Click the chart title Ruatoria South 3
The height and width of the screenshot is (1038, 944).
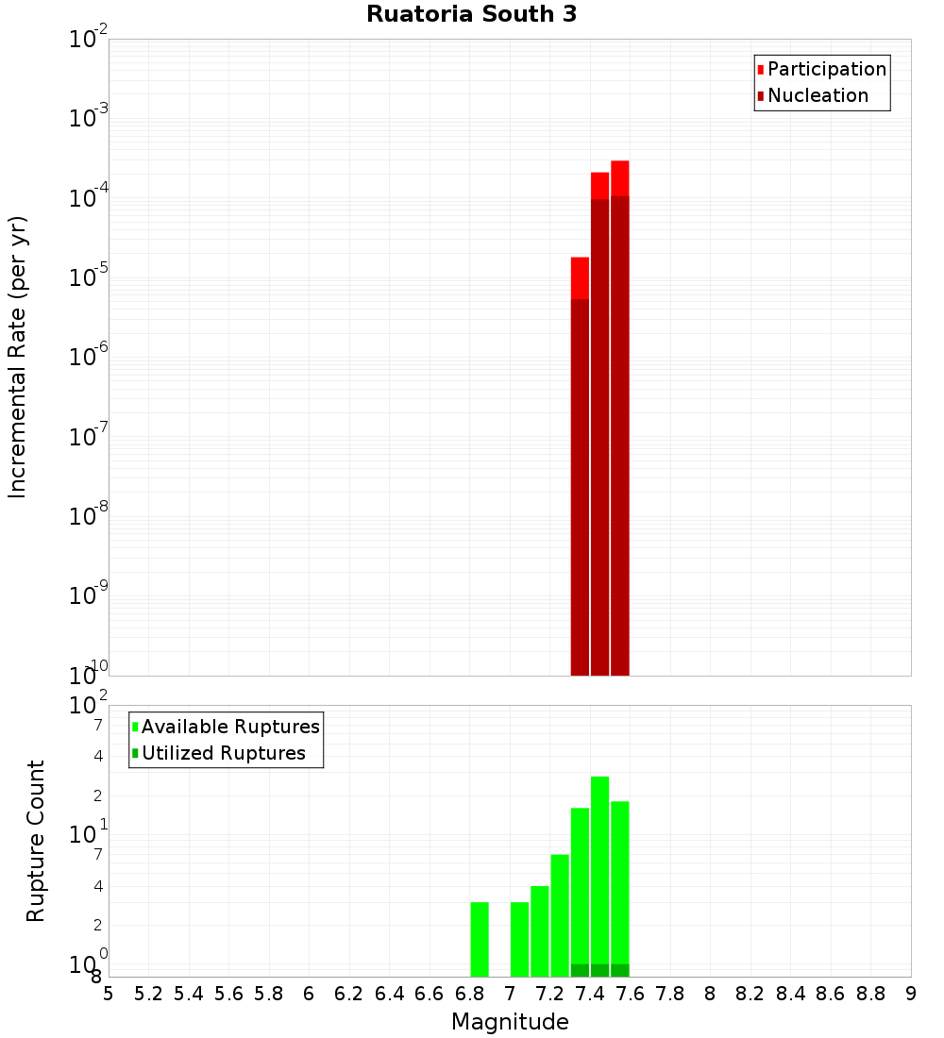coord(471,14)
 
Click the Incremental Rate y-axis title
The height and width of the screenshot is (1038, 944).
coord(17,357)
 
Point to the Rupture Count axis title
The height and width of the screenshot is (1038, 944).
coord(36,841)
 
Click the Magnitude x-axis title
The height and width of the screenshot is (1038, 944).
coord(510,1022)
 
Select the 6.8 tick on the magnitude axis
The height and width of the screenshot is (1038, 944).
coord(469,994)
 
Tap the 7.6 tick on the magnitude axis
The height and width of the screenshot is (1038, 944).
coord(630,994)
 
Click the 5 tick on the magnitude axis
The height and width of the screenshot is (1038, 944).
coord(109,994)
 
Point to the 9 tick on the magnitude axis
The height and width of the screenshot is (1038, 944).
coord(911,994)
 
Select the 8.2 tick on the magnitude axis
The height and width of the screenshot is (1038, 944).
coord(750,994)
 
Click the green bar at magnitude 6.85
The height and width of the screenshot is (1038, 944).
coord(480,939)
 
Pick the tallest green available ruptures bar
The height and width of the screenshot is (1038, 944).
coord(599,868)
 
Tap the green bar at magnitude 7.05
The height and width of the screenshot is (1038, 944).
coord(519,939)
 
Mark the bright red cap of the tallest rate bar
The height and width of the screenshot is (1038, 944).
coord(619,178)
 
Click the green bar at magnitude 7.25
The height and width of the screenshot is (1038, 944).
coord(560,915)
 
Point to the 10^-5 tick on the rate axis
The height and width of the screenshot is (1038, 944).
coord(90,277)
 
